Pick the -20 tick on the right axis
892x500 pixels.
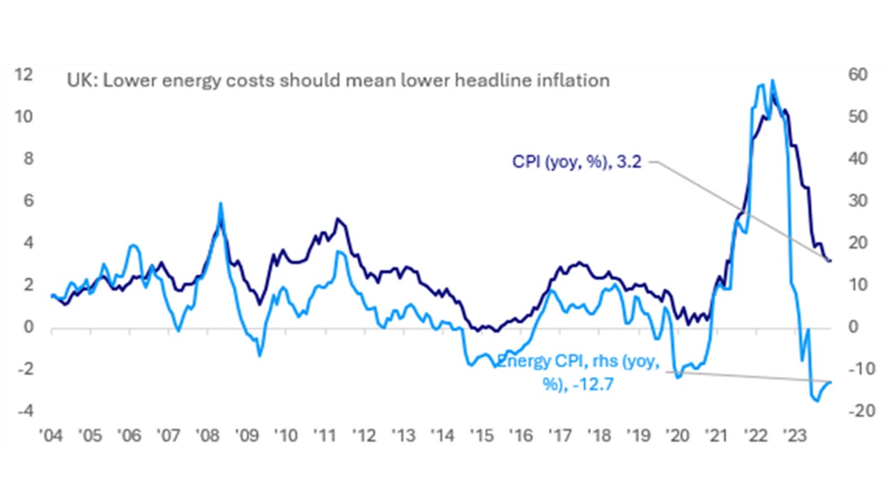856,411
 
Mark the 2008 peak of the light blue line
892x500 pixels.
220,203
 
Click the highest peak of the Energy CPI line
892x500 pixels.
772,80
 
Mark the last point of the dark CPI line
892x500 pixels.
829,261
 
